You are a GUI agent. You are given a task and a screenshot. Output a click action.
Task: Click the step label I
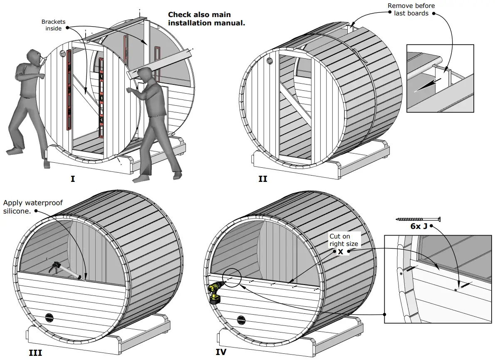pos(73,179)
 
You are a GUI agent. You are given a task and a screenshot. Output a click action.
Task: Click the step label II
pos(262,179)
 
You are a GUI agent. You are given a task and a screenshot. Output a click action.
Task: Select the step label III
pos(35,353)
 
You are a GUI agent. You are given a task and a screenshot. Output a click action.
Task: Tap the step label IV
pos(221,352)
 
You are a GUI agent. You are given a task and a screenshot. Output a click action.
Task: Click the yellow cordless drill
pos(215,292)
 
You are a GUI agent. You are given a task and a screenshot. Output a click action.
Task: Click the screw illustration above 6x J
pos(418,219)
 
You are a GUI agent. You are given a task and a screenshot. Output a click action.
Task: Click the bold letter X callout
pos(340,252)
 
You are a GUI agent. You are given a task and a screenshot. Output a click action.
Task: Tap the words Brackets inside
pos(53,25)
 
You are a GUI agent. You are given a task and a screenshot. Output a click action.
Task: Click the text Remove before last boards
pos(411,10)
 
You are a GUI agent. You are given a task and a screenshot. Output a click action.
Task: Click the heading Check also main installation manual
pos(206,19)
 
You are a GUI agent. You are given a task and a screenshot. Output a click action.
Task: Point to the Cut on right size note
pos(344,240)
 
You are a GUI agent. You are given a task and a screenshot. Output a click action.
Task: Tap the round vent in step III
pos(49,318)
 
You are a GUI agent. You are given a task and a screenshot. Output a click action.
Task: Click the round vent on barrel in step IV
pos(241,320)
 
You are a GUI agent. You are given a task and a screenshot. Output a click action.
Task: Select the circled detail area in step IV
pos(232,278)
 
